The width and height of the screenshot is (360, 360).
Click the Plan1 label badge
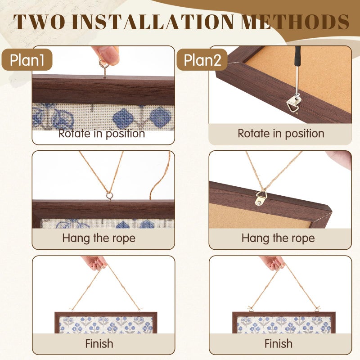pyautogui.click(x=27, y=60)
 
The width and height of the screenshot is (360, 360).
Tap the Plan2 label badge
pyautogui.click(x=202, y=60)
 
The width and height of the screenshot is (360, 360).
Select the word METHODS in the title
pyautogui.click(x=295, y=22)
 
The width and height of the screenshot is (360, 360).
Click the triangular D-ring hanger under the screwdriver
pyautogui.click(x=293, y=103)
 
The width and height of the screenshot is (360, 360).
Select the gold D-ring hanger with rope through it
pyautogui.click(x=261, y=198)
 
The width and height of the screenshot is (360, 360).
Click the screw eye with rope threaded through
pyautogui.click(x=109, y=196)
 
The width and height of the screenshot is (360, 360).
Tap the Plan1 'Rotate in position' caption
pyautogui.click(x=102, y=133)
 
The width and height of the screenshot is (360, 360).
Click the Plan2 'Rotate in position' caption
pyautogui.click(x=281, y=133)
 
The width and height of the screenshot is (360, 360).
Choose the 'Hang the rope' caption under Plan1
pyautogui.click(x=99, y=238)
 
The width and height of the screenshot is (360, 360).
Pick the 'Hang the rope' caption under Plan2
pyautogui.click(x=278, y=238)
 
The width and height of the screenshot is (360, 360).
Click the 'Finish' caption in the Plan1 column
pyautogui.click(x=99, y=344)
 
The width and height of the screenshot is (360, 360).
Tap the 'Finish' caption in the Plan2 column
pyautogui.click(x=279, y=344)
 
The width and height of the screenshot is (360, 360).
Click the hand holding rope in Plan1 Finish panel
pyautogui.click(x=94, y=262)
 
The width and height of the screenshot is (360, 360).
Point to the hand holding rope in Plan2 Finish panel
pyautogui.click(x=273, y=262)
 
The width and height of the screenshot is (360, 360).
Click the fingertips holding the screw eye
pyautogui.click(x=106, y=54)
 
